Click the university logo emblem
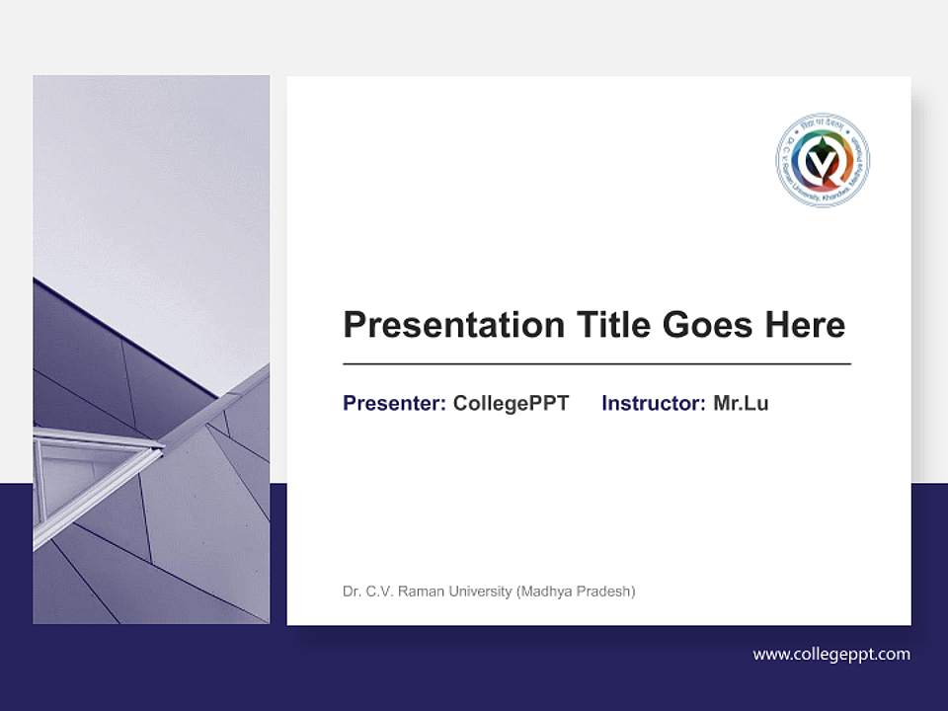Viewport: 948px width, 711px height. [x=823, y=159]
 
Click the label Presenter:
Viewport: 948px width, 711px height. [x=394, y=404]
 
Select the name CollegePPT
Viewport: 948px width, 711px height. [x=511, y=404]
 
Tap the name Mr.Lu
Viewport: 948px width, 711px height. [x=741, y=404]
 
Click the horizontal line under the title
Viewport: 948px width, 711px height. [x=596, y=364]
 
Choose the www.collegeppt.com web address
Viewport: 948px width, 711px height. [x=831, y=654]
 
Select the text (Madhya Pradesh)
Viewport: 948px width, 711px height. [x=576, y=592]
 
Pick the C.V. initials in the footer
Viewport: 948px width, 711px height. [x=381, y=592]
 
